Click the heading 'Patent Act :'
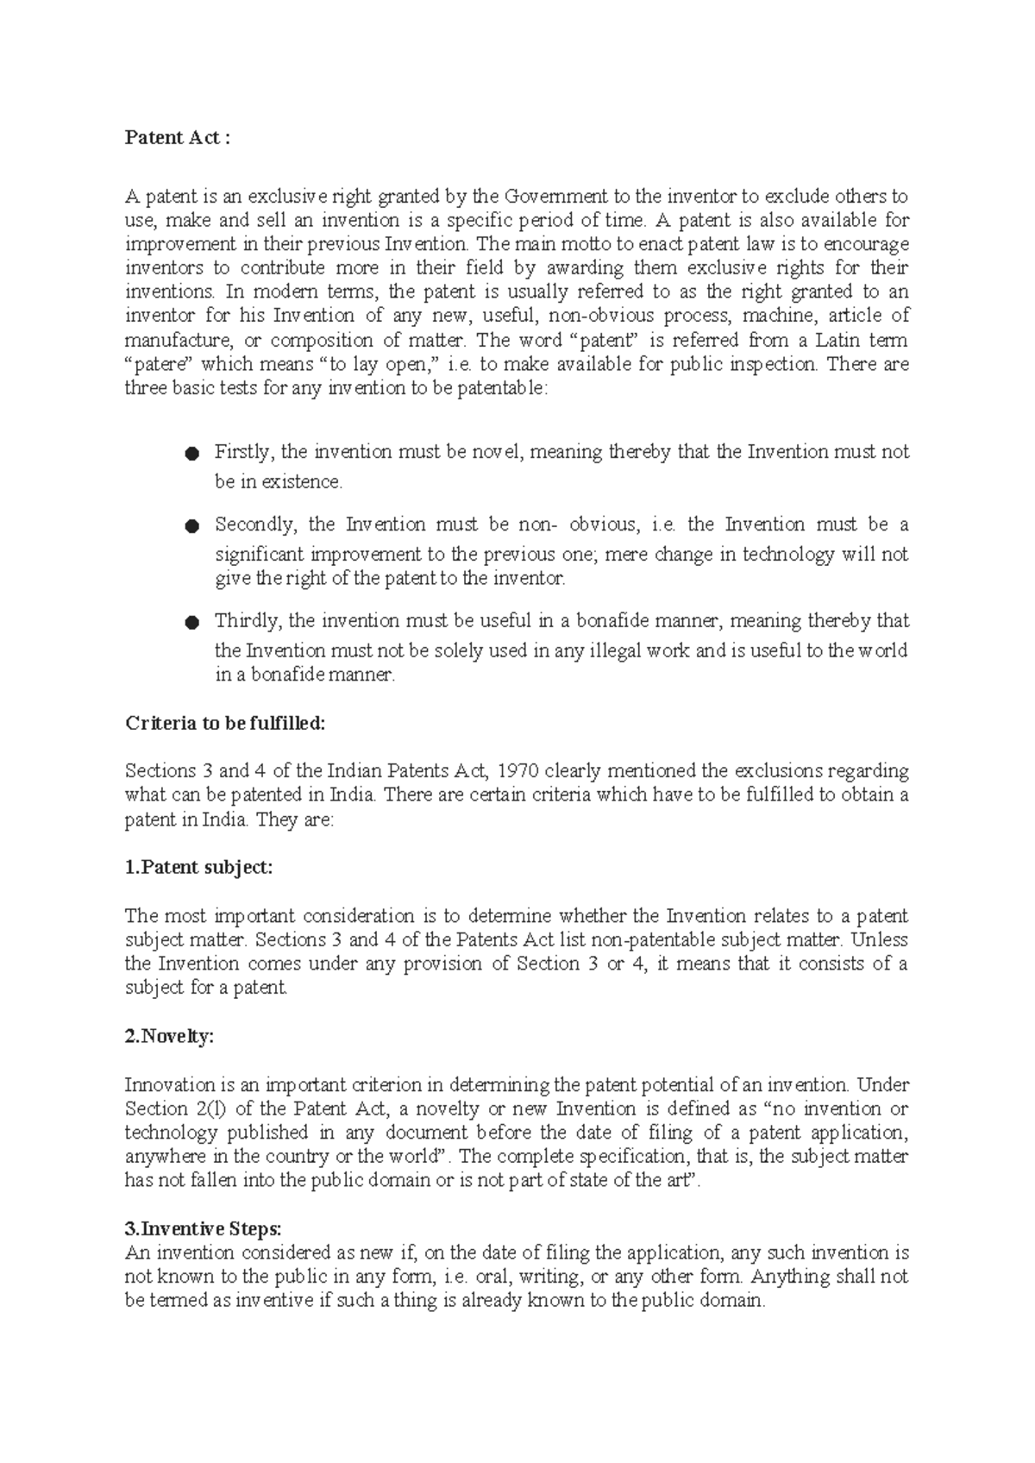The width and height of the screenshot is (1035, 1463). tap(178, 138)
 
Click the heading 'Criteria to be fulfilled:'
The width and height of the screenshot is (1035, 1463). tap(226, 723)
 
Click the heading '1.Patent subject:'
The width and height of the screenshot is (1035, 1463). tap(198, 868)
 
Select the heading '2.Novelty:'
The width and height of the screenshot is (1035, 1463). tap(169, 1037)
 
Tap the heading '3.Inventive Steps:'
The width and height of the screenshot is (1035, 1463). tap(203, 1228)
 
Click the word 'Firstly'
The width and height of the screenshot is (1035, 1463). tap(243, 452)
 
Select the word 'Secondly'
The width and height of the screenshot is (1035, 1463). tap(256, 524)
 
